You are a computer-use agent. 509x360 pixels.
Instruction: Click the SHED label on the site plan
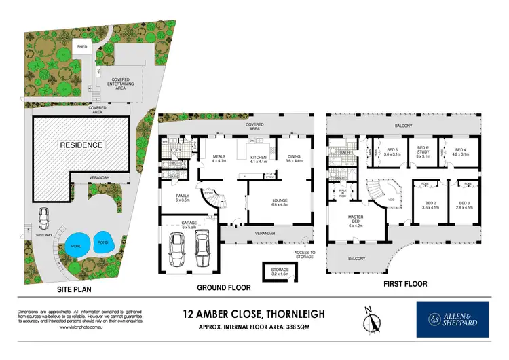pyautogui.click(x=82, y=46)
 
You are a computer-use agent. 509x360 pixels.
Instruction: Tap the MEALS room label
pyautogui.click(x=219, y=158)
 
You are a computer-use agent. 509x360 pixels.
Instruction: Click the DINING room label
pyautogui.click(x=293, y=157)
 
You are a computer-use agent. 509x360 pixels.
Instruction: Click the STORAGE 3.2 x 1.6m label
pyautogui.click(x=280, y=272)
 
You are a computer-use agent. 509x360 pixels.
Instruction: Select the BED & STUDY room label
pyautogui.click(x=423, y=151)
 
